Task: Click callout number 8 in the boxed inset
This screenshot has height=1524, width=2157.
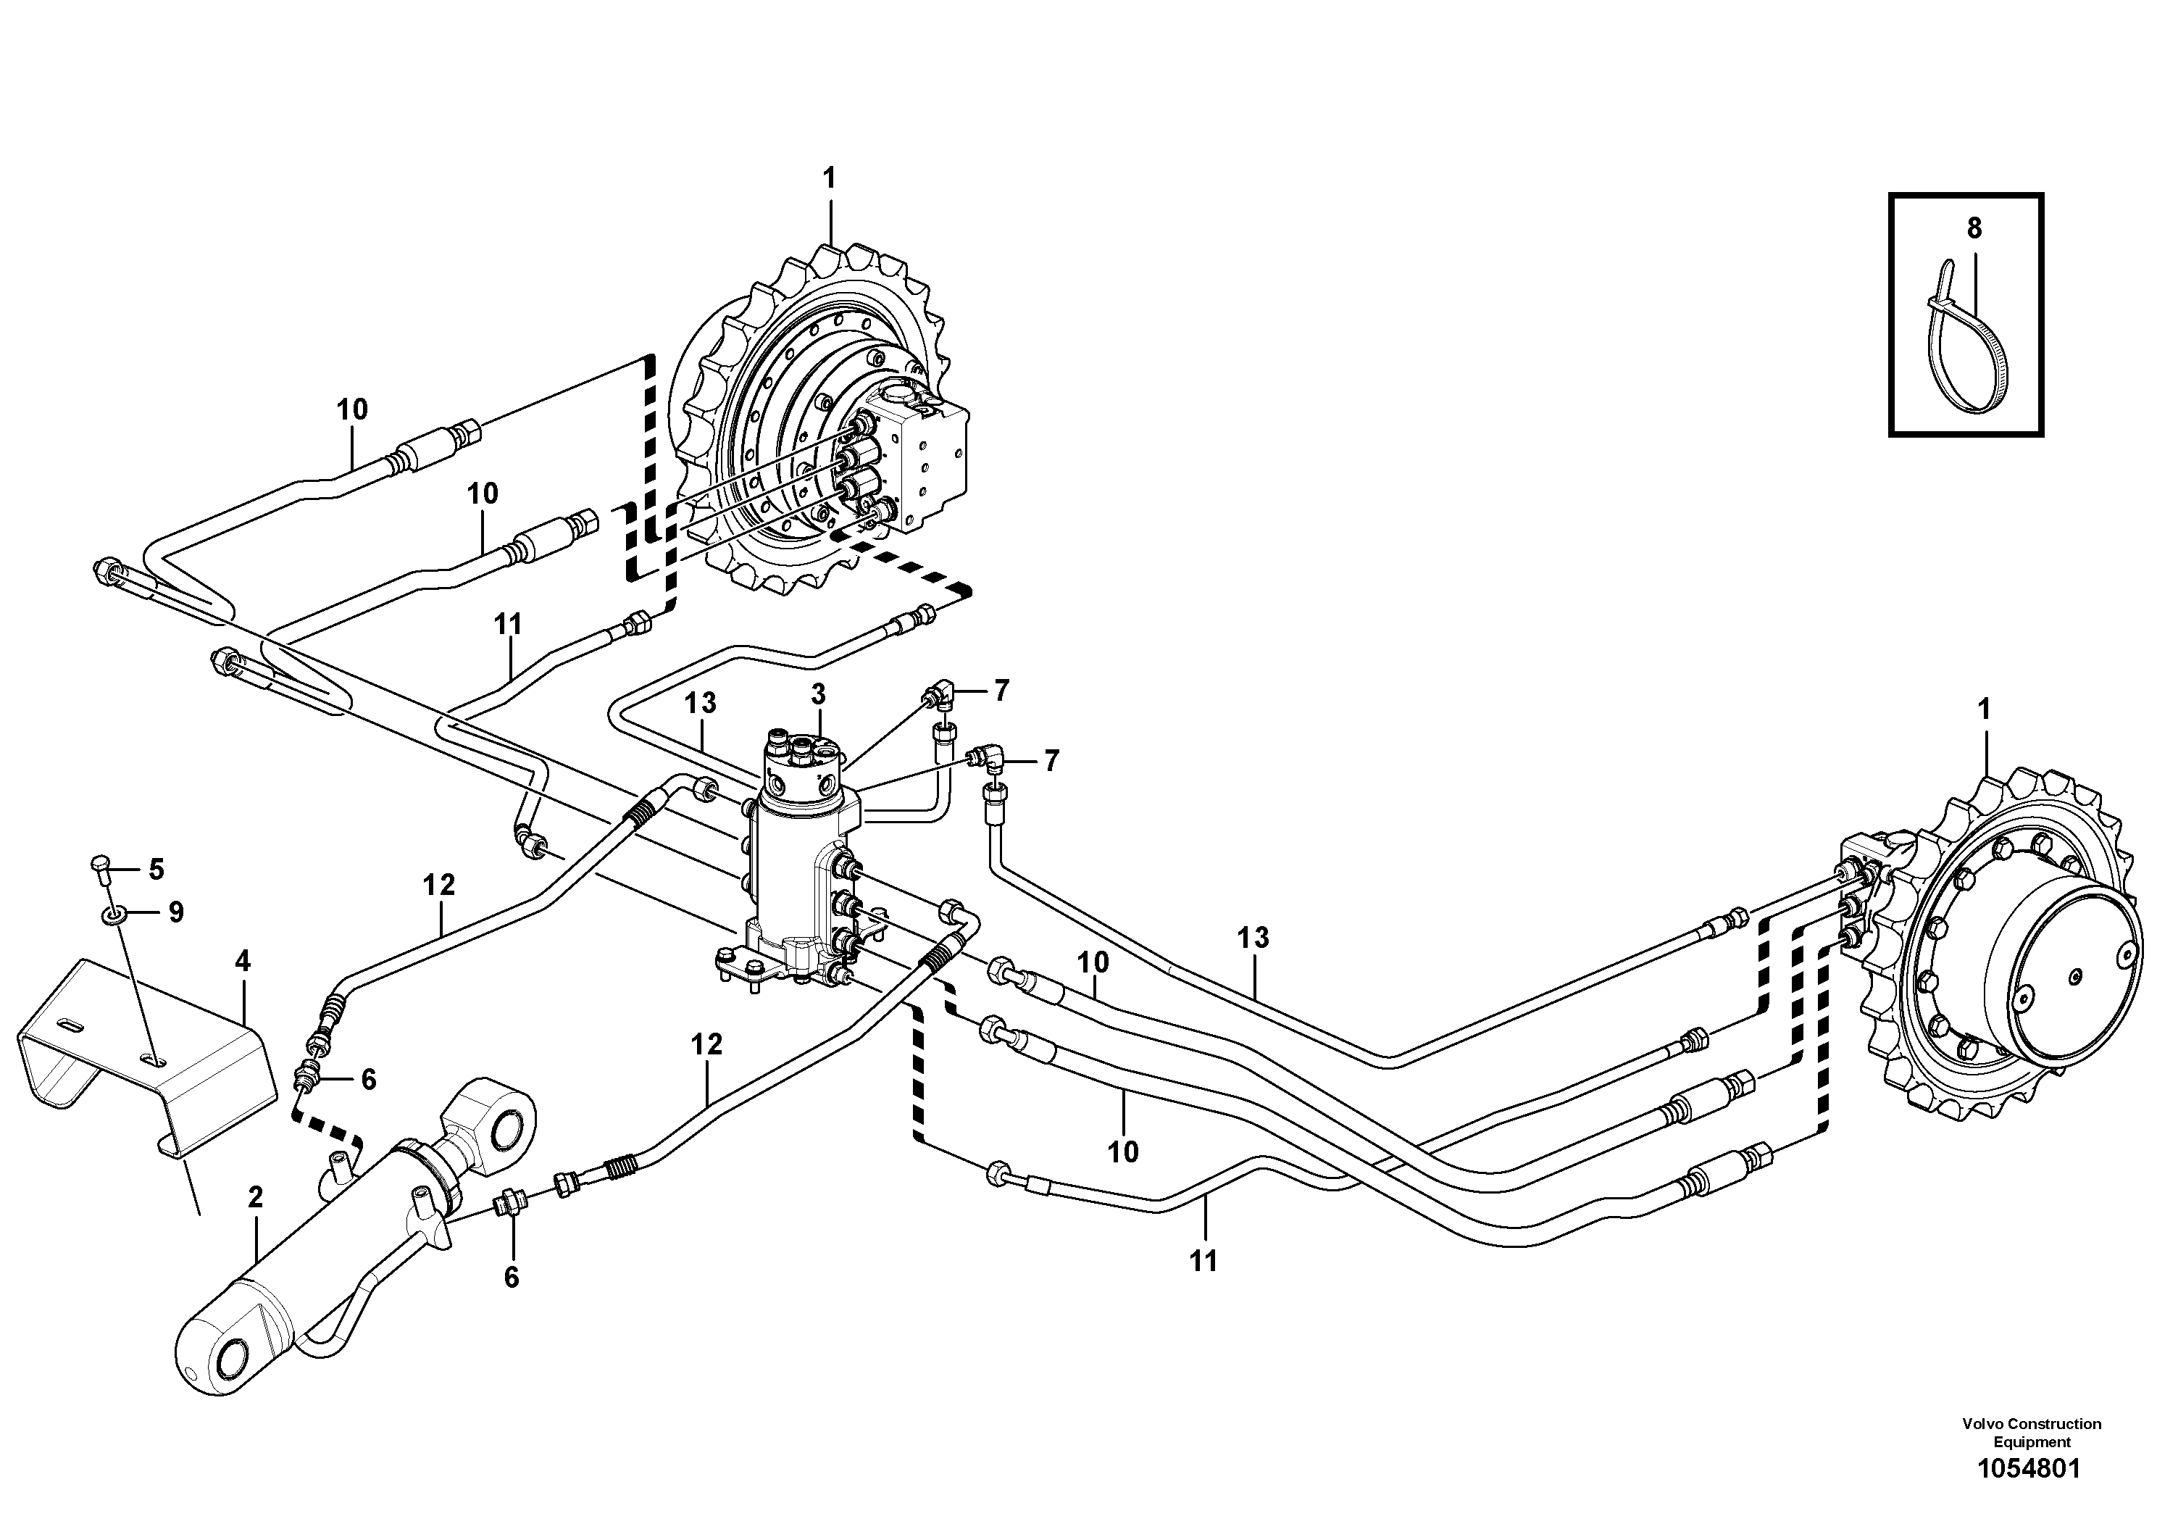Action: point(1974,228)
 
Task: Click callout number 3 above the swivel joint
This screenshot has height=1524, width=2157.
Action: point(818,695)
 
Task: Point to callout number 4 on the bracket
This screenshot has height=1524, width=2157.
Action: point(243,961)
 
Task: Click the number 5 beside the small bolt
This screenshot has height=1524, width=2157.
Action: point(156,869)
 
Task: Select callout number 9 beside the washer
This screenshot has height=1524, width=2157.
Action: point(175,912)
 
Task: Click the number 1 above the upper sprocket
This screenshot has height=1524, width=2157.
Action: point(829,178)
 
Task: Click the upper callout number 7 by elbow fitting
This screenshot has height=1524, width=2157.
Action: point(1001,691)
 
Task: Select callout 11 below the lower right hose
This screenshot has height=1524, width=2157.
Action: point(1203,1262)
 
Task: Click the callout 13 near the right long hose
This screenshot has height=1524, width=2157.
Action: point(1253,938)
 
